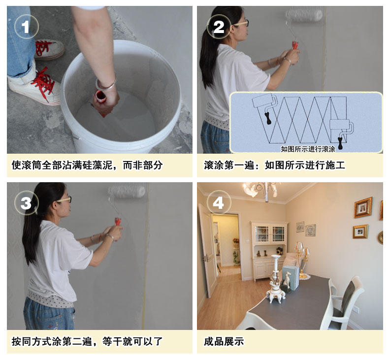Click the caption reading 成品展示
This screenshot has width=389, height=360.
tap(224, 341)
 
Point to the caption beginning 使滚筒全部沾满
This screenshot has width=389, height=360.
tap(87, 165)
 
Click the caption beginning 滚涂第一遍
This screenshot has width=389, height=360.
tap(274, 165)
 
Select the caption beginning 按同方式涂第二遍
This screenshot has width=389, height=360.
tap(87, 341)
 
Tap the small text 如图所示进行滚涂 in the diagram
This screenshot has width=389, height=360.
tap(308, 148)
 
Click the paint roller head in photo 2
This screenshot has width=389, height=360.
tap(304, 15)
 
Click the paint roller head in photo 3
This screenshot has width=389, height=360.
tap(127, 191)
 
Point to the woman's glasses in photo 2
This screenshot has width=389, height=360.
tap(241, 23)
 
